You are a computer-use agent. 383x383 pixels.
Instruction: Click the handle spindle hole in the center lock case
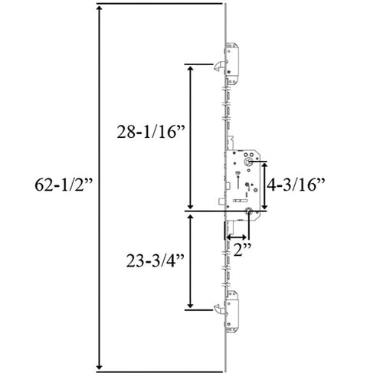[250, 162]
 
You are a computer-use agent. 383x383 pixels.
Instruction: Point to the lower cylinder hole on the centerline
[249, 215]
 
